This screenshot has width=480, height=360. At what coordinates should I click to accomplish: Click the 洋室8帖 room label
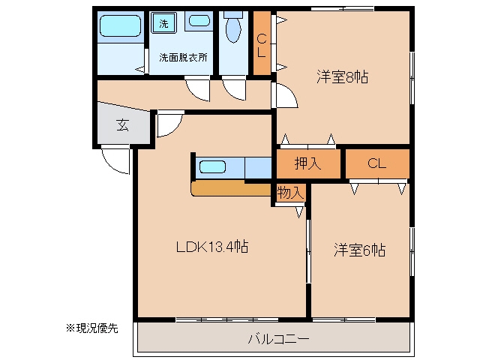click(342, 76)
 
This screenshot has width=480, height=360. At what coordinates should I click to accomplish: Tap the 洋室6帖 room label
click(359, 250)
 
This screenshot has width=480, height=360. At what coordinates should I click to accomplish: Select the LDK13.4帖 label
click(212, 247)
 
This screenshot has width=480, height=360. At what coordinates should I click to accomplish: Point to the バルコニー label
click(278, 339)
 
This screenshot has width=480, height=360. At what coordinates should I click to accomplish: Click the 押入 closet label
click(307, 163)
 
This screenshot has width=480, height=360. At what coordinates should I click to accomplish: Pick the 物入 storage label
click(290, 193)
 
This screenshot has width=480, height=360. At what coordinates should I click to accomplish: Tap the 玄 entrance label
click(123, 125)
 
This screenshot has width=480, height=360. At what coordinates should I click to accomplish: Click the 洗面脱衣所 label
click(183, 57)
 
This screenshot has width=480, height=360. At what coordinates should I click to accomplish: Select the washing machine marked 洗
click(163, 23)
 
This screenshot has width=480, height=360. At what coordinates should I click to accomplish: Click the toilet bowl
click(233, 28)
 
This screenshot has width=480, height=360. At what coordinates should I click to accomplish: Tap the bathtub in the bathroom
click(121, 26)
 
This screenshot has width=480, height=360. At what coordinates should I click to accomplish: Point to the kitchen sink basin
click(212, 167)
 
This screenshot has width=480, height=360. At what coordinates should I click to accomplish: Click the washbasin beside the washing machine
click(199, 21)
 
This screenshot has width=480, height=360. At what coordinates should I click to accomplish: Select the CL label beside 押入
click(376, 163)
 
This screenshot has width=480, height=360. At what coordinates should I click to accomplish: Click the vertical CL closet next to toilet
click(262, 43)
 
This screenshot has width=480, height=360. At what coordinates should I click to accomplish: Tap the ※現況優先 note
click(92, 328)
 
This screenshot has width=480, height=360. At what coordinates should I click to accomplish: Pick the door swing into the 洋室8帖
click(289, 93)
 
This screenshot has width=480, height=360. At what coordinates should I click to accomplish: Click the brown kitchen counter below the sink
click(232, 188)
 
